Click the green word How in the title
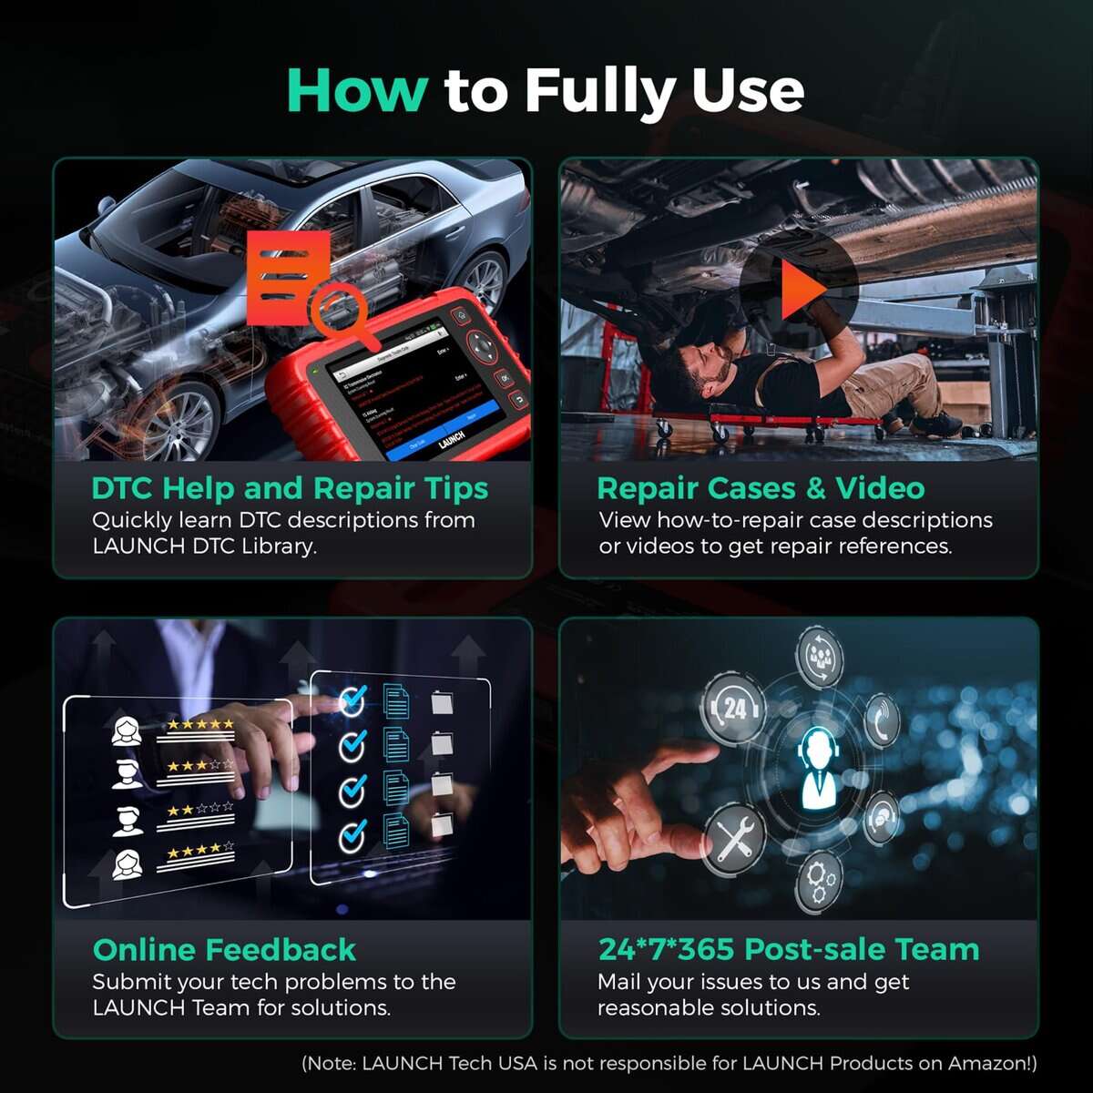coord(357,90)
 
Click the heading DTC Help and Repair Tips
coord(290,488)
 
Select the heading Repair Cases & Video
coord(761,488)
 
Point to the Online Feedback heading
coord(224,950)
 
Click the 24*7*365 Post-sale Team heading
coord(788,950)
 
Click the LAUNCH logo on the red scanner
coord(451,439)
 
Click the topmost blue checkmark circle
coord(352,701)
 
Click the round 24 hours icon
coord(734,709)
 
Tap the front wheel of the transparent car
coord(178,421)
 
